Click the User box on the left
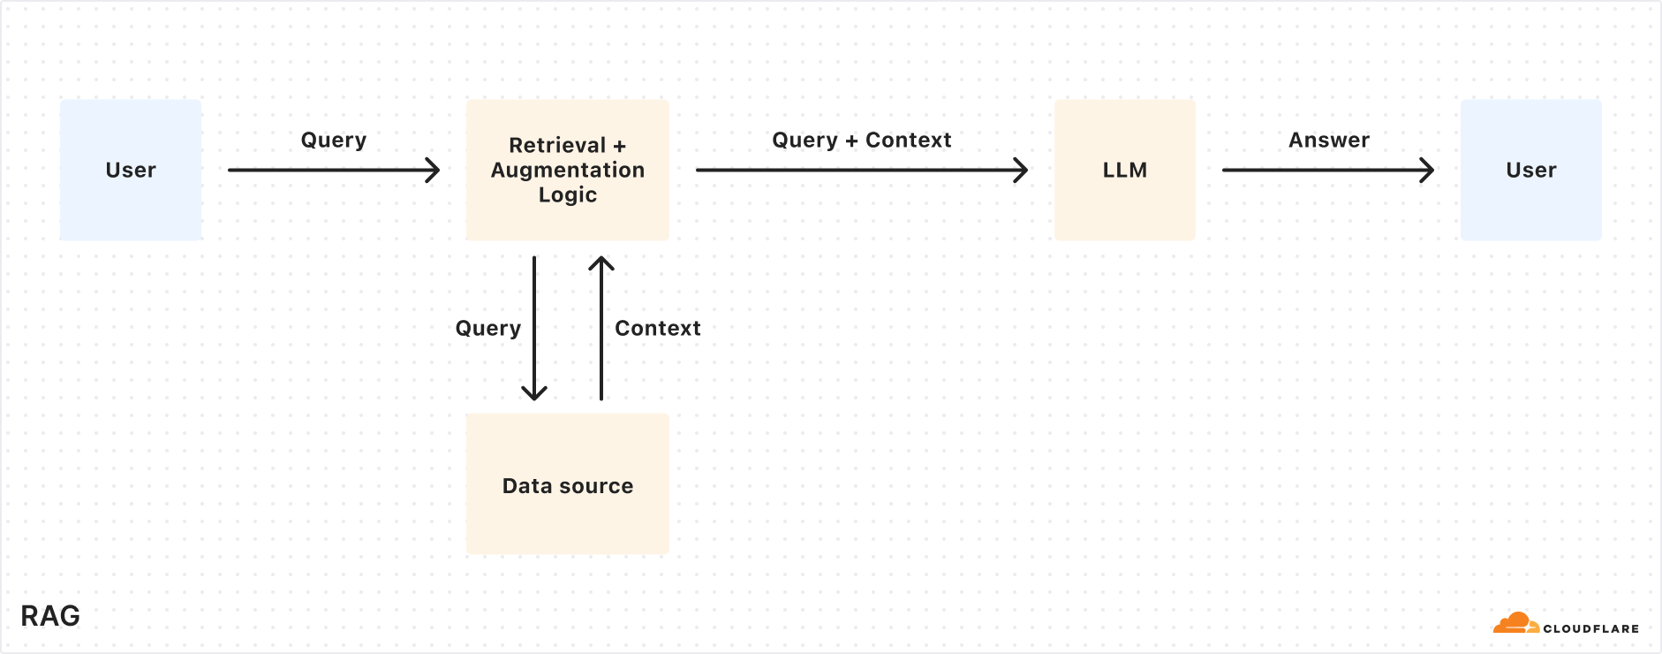[x=131, y=170]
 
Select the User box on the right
[x=1530, y=170]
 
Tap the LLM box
[x=1124, y=170]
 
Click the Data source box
[x=567, y=484]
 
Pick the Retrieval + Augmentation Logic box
[x=567, y=170]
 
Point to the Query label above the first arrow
[x=333, y=141]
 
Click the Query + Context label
[x=861, y=141]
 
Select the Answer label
[x=1328, y=141]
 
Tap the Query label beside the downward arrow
[x=487, y=329]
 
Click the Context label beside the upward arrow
[x=657, y=329]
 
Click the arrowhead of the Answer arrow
[x=1427, y=170]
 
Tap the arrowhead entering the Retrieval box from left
[x=434, y=170]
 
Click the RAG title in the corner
[x=50, y=616]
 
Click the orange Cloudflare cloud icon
[x=1515, y=624]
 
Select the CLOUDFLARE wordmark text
[x=1590, y=629]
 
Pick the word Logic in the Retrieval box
[x=567, y=195]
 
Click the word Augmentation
[x=567, y=170]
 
